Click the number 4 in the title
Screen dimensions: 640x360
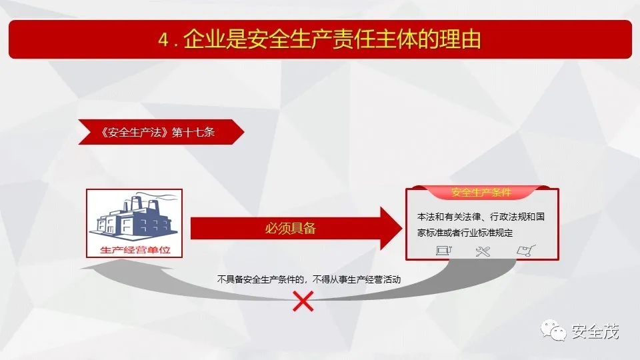163,40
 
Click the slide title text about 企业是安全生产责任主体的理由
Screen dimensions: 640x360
319,39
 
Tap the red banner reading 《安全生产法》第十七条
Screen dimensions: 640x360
161,132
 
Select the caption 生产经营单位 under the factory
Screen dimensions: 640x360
135,250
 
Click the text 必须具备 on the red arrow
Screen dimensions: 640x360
290,228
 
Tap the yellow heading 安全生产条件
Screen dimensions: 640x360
481,192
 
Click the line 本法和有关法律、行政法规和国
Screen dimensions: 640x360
481,216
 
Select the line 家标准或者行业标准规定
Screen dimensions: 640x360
465,233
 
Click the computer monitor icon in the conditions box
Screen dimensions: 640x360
444,250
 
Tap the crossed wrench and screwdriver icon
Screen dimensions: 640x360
483,251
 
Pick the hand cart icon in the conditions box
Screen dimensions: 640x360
526,250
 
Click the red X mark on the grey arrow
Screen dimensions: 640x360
303,301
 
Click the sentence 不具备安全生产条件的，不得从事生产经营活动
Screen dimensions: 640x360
309,279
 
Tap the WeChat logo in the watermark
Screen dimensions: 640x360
553,330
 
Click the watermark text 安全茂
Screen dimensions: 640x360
595,331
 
